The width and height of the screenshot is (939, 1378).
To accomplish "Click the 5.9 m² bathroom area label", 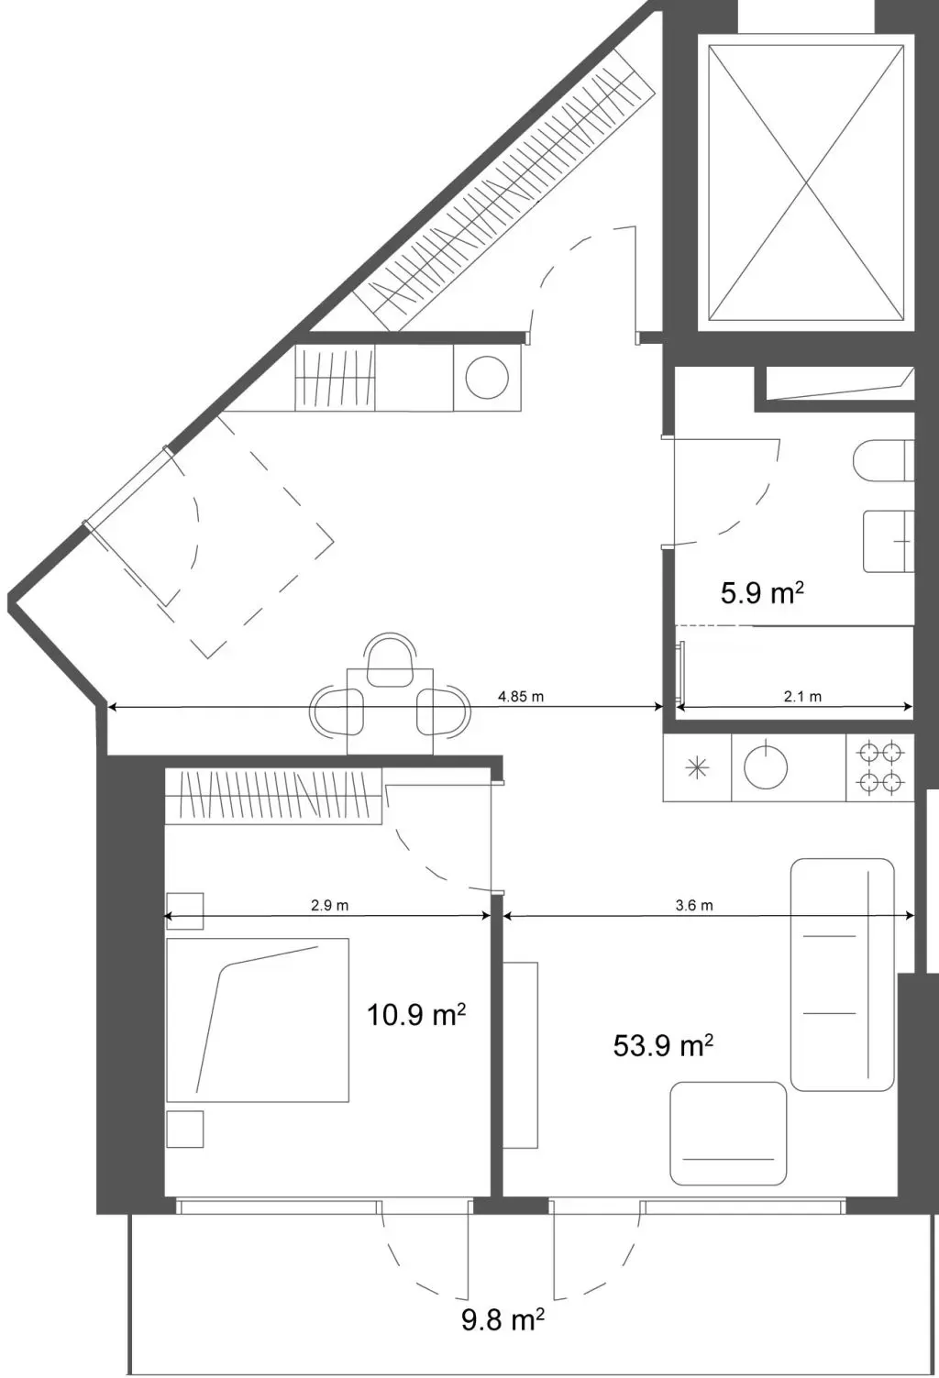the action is click(762, 593).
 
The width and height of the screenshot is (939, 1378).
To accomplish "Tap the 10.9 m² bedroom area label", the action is click(416, 1014).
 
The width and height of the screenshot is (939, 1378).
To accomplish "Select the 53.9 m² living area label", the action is click(663, 1045).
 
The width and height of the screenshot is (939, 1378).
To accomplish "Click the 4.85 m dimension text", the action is click(521, 697).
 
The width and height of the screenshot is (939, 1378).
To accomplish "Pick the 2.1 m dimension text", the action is click(802, 697).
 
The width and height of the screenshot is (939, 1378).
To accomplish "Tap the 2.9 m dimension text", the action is click(330, 906).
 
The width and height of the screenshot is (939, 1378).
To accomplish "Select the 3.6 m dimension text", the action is click(694, 905).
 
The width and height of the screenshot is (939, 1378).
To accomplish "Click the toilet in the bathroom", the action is click(884, 460).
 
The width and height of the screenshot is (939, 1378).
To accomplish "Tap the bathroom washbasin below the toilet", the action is click(889, 541).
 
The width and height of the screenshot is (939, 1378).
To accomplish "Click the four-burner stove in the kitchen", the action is click(880, 767).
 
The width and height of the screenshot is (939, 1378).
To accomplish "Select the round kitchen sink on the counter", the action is click(766, 767).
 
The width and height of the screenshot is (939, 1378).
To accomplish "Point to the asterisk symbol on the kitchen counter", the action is click(697, 767).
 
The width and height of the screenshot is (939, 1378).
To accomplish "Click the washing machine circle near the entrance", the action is click(487, 377).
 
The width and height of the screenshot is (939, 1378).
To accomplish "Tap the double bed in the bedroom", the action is click(258, 1020).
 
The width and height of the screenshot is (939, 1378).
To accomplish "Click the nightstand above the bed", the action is click(184, 911).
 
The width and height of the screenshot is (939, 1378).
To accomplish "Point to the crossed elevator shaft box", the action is click(806, 182).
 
